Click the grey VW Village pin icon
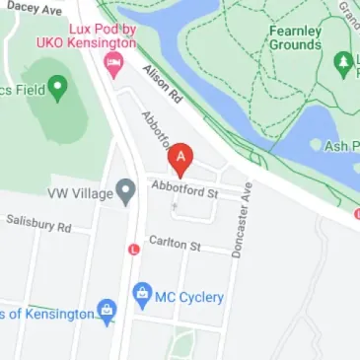[x=125, y=191]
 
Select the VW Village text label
[x=81, y=191]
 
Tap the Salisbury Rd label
[x=38, y=226]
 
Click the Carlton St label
[x=174, y=243]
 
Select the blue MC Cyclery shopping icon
[x=143, y=294]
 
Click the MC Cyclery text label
[x=191, y=297]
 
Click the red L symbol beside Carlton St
[x=133, y=249]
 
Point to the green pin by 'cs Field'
[x=57, y=88]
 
